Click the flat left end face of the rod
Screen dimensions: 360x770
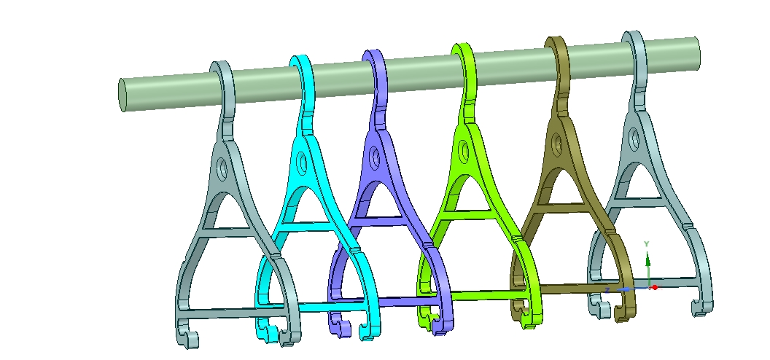[122, 95]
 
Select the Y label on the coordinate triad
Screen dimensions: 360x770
[647, 243]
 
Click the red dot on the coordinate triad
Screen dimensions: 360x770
[655, 287]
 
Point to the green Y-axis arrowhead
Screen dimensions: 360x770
[647, 257]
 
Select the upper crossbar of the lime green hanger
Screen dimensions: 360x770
[467, 208]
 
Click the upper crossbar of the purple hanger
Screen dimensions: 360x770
[383, 218]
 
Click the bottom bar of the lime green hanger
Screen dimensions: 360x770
[481, 294]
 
